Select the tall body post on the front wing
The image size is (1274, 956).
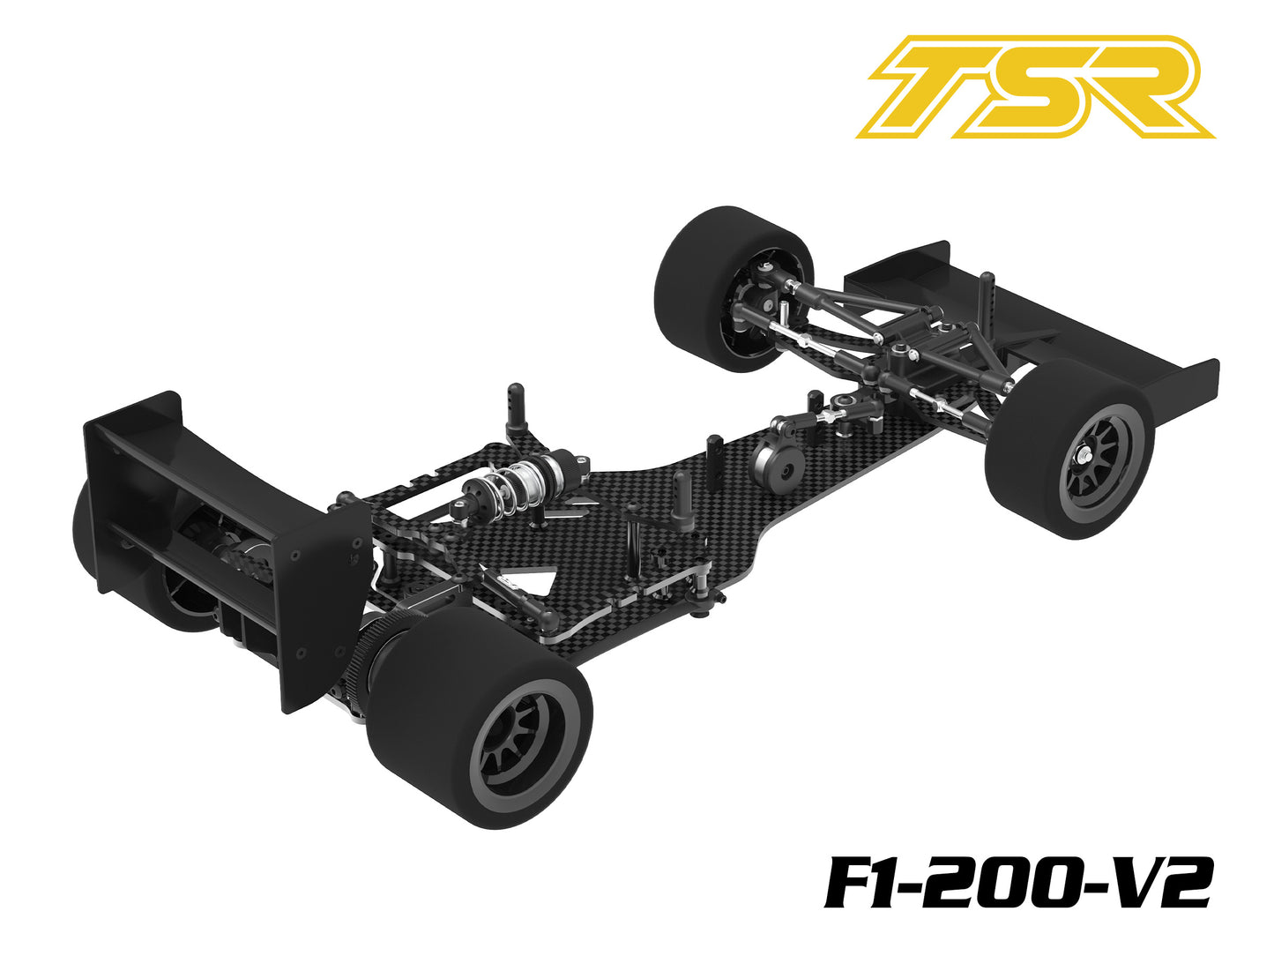click(x=986, y=300)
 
